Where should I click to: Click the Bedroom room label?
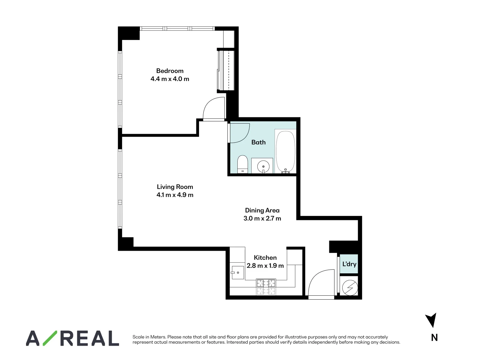click(x=170, y=71)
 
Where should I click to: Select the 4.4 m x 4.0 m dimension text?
click(x=170, y=79)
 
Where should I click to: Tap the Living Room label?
click(x=175, y=187)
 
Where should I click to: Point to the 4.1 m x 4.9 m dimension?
click(x=175, y=195)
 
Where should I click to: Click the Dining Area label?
click(x=262, y=210)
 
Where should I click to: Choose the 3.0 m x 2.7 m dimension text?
click(x=262, y=219)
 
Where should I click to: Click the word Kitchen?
click(x=265, y=258)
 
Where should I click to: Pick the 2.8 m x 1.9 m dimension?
click(x=265, y=266)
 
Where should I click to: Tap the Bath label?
click(x=258, y=142)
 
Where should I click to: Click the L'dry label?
click(x=349, y=264)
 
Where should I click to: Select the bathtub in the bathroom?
click(x=285, y=152)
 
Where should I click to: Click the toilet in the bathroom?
click(x=242, y=164)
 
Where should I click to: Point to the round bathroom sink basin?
click(x=263, y=166)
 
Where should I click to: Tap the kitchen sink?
click(x=237, y=272)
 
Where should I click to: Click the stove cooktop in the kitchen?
click(x=266, y=287)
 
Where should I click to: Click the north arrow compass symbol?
click(x=431, y=320)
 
